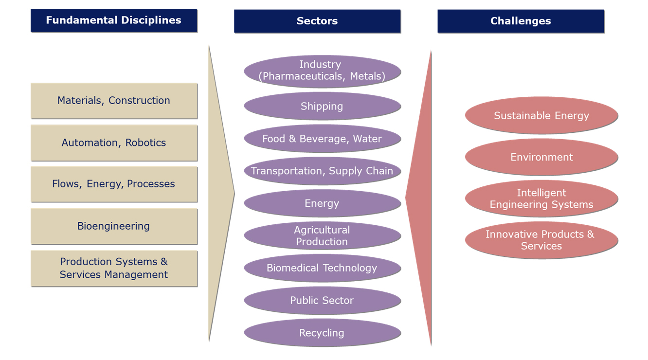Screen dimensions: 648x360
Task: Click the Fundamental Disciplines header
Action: tap(114, 20)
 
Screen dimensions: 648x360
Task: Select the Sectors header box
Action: tap(317, 21)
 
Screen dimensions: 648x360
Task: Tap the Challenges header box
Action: tap(521, 21)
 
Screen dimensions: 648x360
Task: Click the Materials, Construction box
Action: tap(114, 101)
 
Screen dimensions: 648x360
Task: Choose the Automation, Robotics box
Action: tap(114, 143)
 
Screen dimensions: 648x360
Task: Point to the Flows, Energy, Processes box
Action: tap(114, 184)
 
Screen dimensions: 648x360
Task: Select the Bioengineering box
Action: tap(114, 226)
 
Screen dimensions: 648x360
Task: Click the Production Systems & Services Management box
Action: tap(114, 269)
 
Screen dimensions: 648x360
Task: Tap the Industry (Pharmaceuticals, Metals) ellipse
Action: tap(322, 71)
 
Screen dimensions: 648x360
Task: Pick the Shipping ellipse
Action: tap(322, 106)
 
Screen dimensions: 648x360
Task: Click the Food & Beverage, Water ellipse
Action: tap(322, 138)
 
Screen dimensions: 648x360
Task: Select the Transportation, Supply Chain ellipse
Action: tap(322, 171)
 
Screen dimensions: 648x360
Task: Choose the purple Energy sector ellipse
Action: tap(322, 203)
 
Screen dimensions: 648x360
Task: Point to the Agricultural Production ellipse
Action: tap(322, 235)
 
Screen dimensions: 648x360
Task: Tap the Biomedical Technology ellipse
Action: tap(322, 268)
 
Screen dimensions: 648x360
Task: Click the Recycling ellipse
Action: tap(322, 333)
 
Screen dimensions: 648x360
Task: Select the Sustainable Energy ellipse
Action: tap(541, 115)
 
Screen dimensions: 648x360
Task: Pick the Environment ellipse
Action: tap(541, 157)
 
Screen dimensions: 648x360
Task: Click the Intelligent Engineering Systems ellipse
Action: tap(541, 198)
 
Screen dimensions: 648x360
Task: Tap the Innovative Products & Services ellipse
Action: tap(541, 240)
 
